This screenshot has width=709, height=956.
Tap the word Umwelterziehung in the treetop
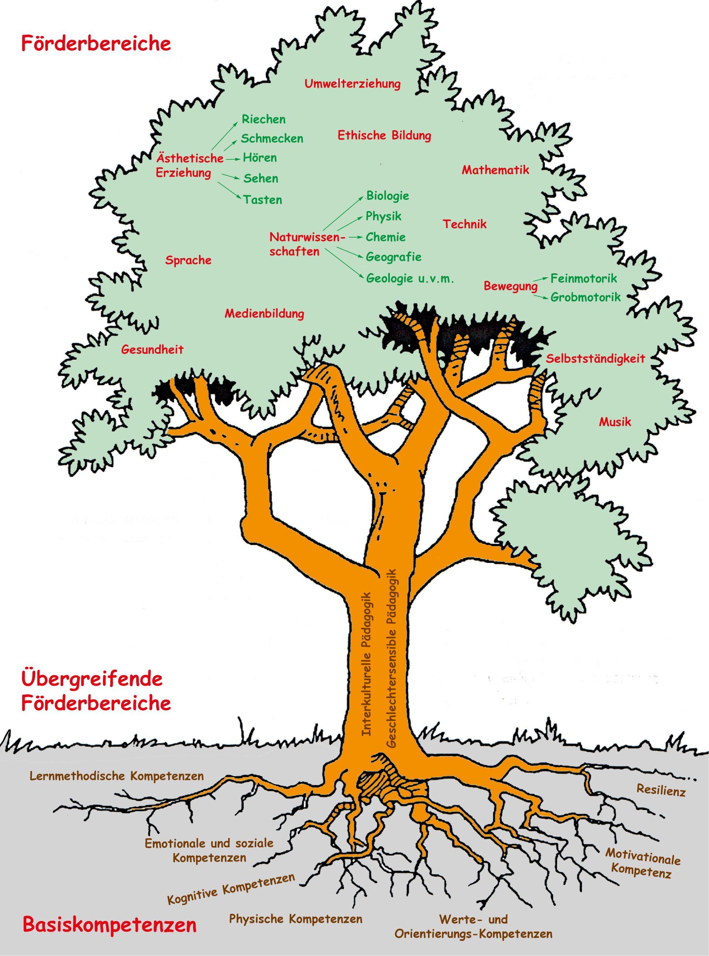tap(352, 84)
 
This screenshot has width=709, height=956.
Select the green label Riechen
tap(264, 119)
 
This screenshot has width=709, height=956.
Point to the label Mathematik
tap(495, 170)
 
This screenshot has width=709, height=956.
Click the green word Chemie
tap(386, 237)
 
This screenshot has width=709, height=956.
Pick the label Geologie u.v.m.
tap(410, 278)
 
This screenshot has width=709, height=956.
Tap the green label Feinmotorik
tap(584, 278)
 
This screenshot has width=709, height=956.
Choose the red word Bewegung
tap(511, 286)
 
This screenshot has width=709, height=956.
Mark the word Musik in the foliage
tap(615, 422)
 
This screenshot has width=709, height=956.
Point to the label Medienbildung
tap(264, 313)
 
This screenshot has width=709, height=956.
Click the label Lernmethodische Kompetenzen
tap(116, 776)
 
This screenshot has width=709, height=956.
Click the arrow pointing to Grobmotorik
tap(542, 295)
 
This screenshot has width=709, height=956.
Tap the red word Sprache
tap(188, 260)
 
